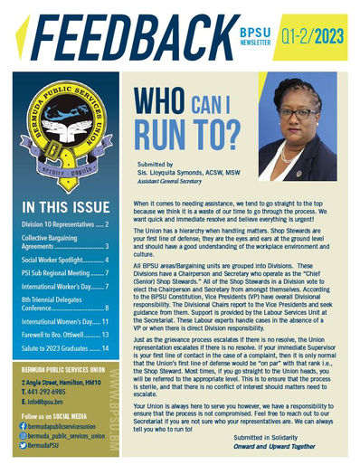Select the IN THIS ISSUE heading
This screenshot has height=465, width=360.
coord(61,205)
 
